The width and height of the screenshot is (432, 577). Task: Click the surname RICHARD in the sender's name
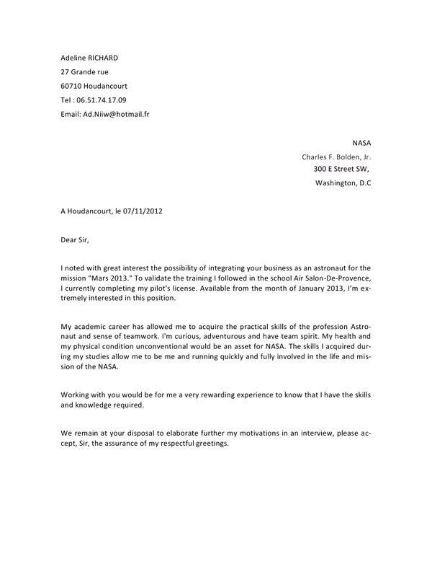(x=101, y=57)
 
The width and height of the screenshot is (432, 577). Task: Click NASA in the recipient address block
(x=361, y=143)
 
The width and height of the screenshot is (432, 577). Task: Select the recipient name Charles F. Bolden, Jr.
(x=336, y=157)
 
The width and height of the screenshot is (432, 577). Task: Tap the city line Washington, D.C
(x=343, y=183)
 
